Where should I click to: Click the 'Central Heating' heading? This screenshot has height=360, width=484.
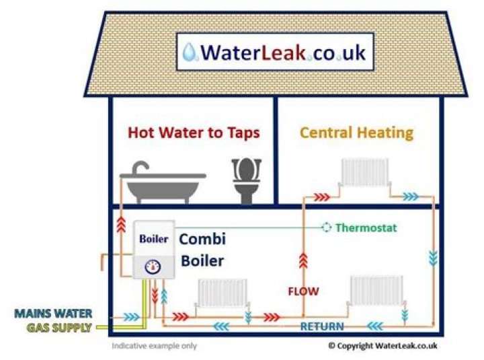(356, 132)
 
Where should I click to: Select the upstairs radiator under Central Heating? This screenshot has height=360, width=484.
(365, 172)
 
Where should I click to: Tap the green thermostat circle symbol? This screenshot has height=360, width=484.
(327, 227)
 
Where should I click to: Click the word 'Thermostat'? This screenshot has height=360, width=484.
(366, 228)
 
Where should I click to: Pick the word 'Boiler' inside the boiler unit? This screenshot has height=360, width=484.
(154, 239)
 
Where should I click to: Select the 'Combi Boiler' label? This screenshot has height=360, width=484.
(202, 250)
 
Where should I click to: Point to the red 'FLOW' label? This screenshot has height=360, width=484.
(303, 291)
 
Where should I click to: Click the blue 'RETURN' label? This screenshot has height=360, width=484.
(322, 327)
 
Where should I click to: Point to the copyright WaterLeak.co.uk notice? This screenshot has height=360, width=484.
(382, 346)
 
